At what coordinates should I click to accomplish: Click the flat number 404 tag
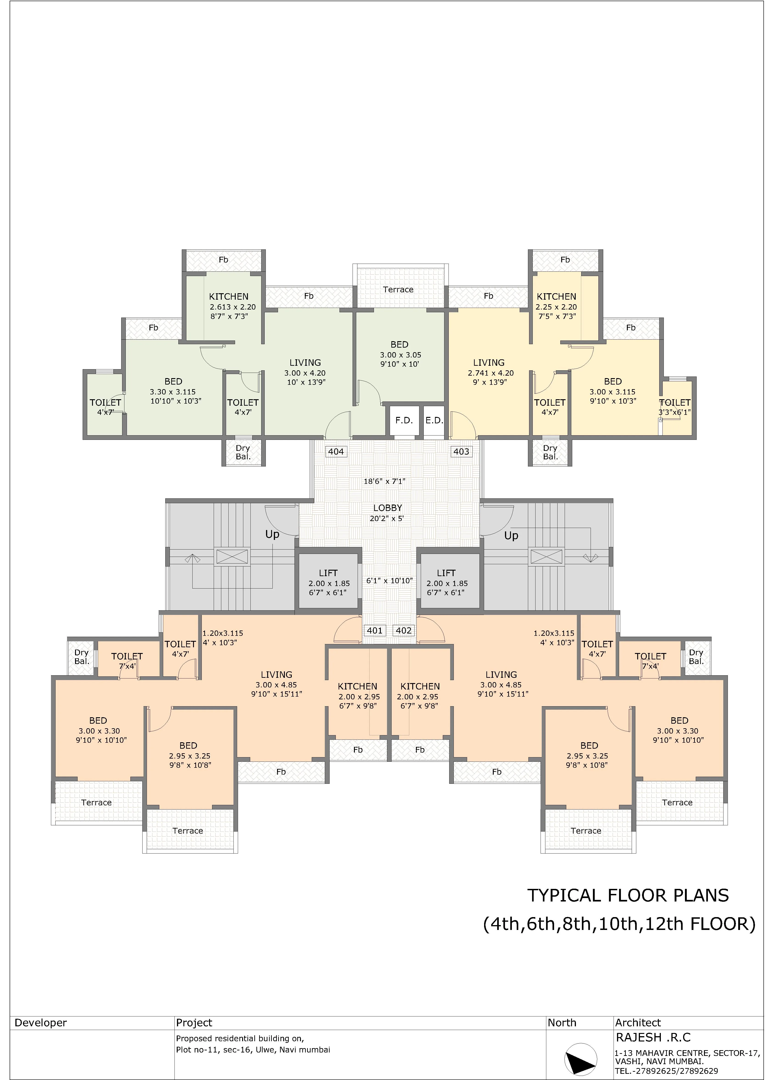[336, 451]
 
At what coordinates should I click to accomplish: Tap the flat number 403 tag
[461, 451]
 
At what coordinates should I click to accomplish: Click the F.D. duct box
[404, 421]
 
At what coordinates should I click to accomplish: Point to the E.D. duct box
[434, 421]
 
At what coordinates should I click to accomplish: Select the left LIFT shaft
[328, 582]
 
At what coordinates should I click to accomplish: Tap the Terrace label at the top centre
[398, 290]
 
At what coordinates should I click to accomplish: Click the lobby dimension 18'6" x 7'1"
[384, 481]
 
